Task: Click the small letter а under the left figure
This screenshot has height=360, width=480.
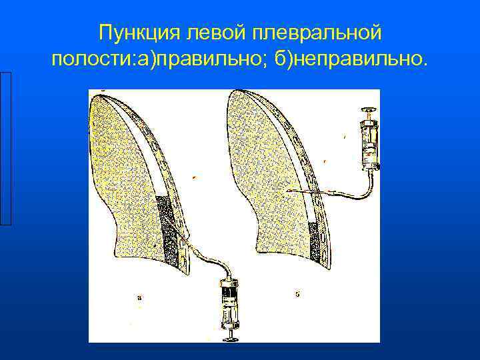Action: (x=138, y=298)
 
